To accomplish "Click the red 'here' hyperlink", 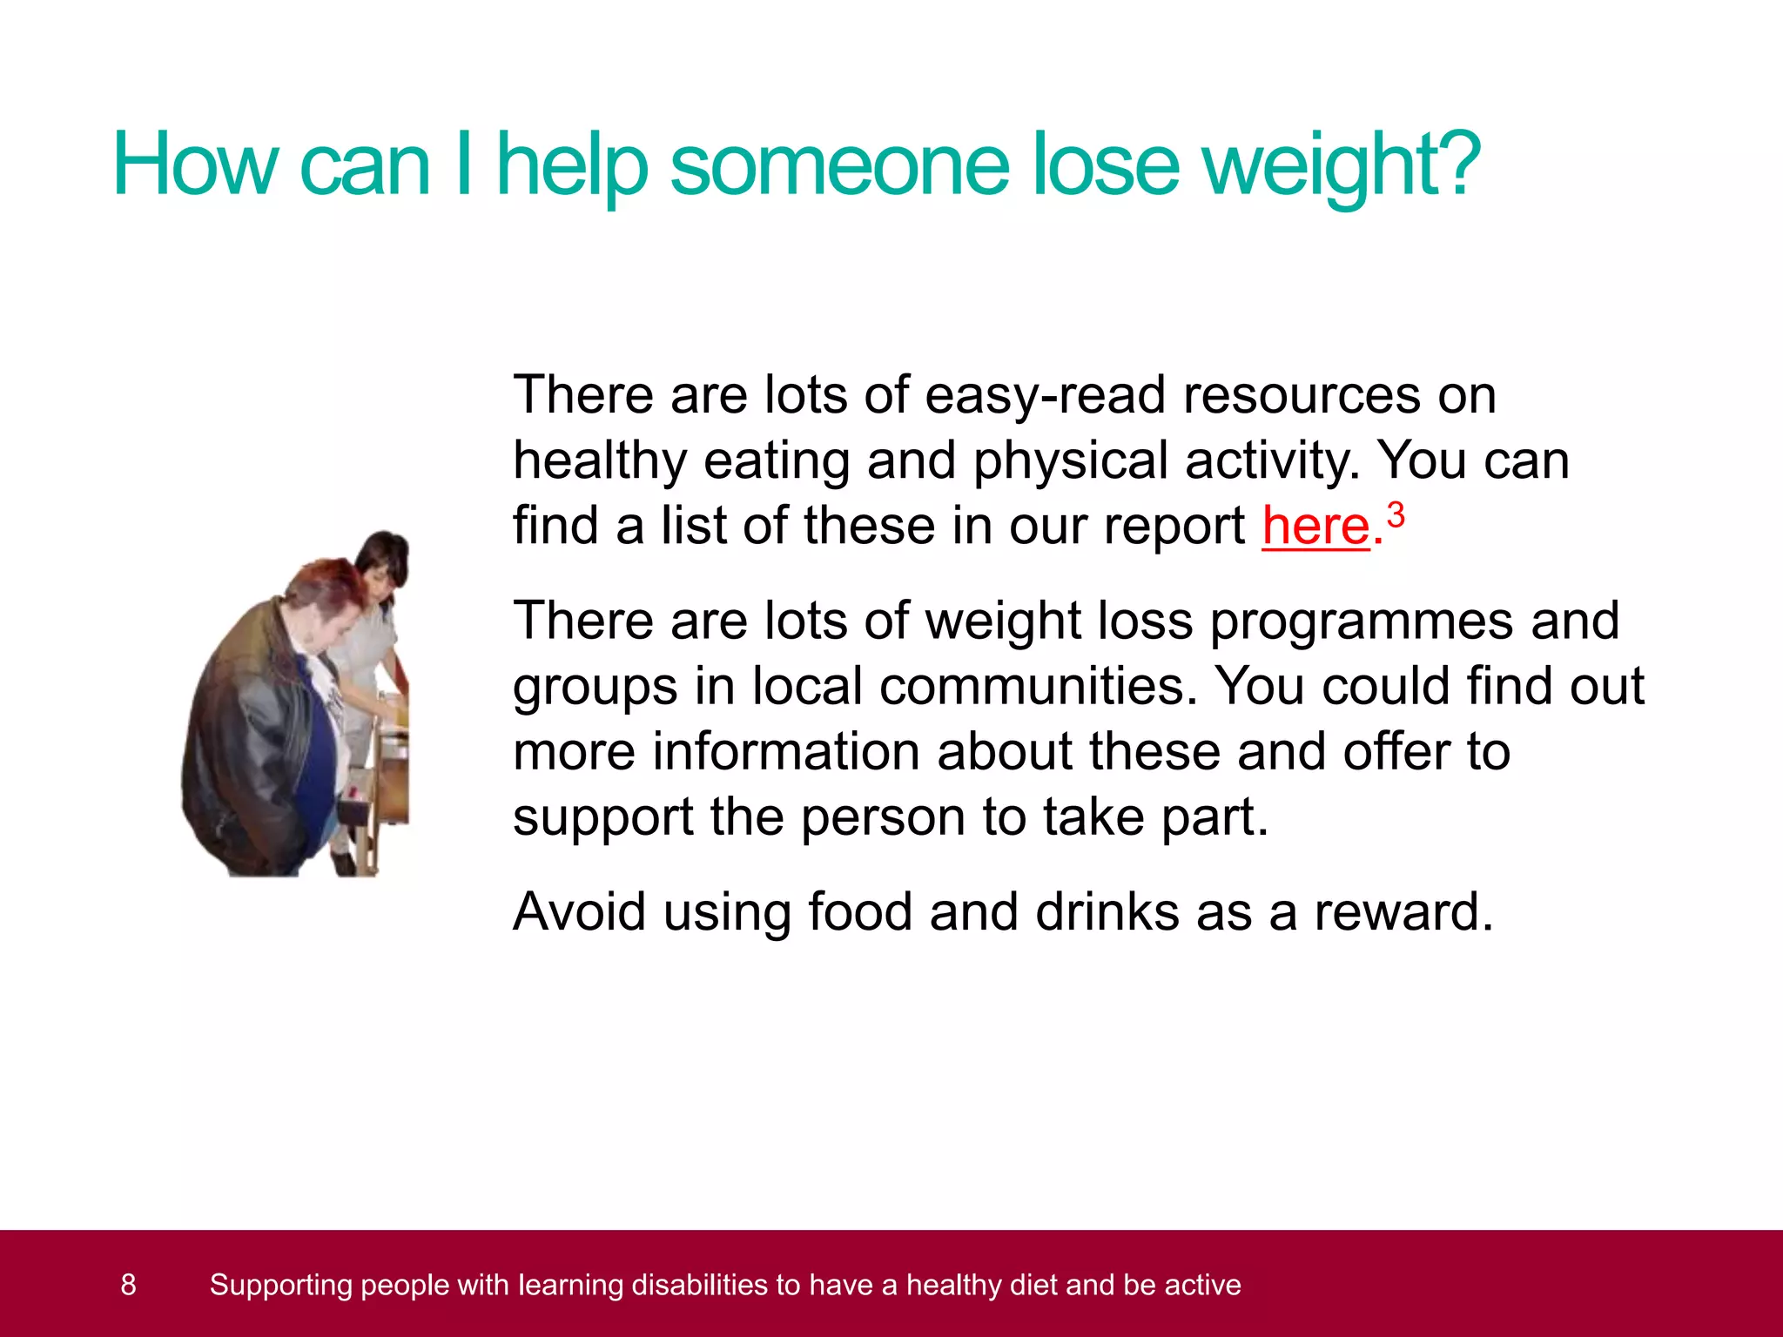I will (1315, 526).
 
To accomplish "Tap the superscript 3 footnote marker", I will (1396, 514).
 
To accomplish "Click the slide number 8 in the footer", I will (128, 1285).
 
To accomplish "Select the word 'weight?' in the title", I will (1344, 165).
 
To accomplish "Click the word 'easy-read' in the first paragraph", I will (1044, 395).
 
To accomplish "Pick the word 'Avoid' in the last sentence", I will (579, 912).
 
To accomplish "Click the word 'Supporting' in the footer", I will (280, 1285).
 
